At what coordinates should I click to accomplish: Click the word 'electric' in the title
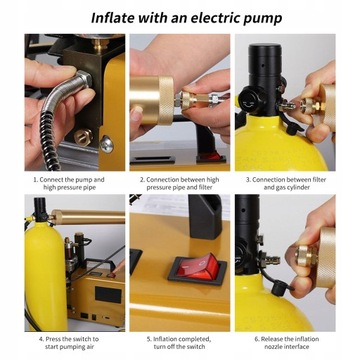tap(214, 18)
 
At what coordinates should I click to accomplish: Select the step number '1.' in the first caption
tap(35, 180)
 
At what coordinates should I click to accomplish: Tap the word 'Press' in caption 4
tap(53, 339)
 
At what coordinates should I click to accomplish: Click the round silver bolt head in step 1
tap(107, 144)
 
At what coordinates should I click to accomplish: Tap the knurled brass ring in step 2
tap(166, 100)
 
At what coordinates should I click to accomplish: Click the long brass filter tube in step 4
tap(88, 217)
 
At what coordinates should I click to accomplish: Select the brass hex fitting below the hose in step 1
tap(83, 136)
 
